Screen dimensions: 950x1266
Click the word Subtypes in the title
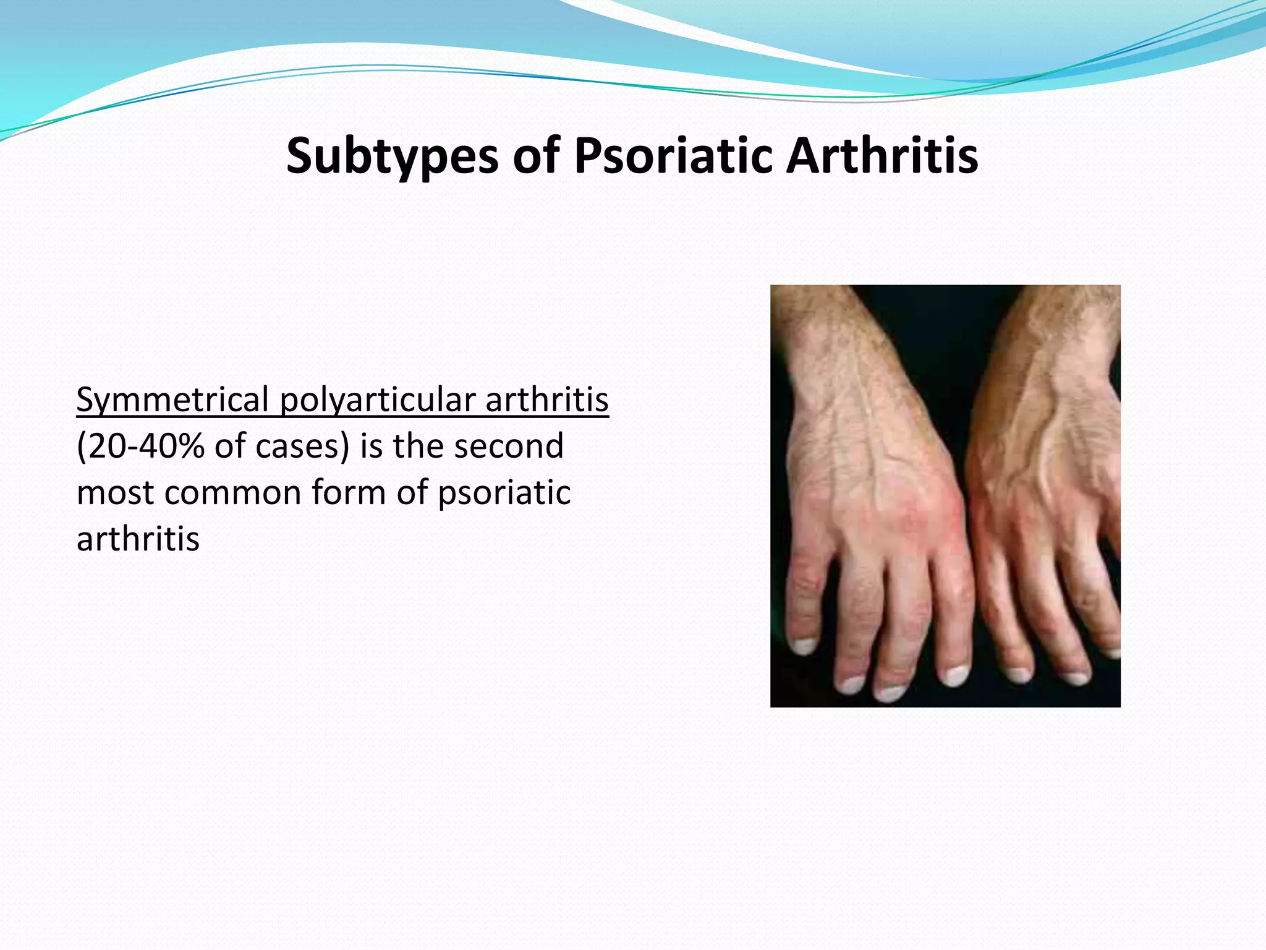point(392,156)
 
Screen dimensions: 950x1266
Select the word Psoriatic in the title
point(673,156)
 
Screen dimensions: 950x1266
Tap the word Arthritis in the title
point(882,156)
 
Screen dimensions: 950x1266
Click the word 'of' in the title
point(535,156)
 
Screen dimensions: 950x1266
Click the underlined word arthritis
point(546,400)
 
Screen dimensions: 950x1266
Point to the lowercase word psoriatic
point(504,493)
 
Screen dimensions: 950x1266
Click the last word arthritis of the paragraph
point(138,539)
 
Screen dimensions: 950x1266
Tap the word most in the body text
point(115,493)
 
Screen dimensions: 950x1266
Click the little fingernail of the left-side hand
point(802,647)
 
